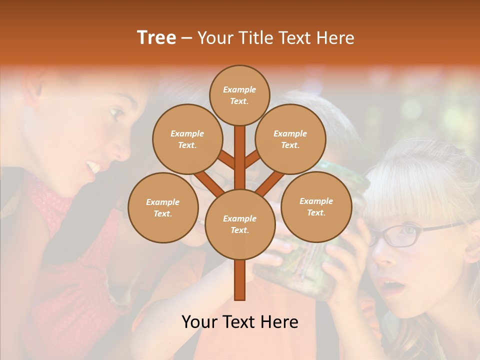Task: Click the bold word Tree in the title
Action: [156, 37]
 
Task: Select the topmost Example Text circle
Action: [239, 95]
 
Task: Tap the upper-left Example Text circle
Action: [187, 139]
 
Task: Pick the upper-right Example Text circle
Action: [290, 139]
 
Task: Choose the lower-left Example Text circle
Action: [163, 207]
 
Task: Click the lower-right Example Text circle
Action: [316, 206]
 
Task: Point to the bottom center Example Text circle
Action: [240, 224]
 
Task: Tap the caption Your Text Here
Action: [240, 322]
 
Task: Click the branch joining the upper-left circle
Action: [226, 160]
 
